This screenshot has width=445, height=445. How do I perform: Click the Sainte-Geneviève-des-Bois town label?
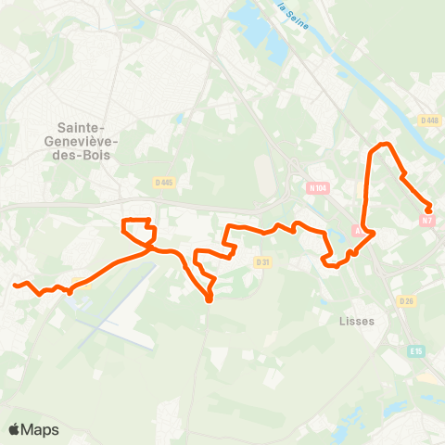83,141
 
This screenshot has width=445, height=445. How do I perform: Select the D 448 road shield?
428,121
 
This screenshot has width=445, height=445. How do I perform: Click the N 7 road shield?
426,221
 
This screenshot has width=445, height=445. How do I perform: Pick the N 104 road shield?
318,188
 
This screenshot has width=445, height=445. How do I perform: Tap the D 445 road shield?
164,183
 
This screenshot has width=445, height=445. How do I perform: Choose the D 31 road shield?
261,262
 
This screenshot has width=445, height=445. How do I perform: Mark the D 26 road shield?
406,300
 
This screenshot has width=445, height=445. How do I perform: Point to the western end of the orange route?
16,286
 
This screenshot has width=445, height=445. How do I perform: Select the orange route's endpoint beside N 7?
428,210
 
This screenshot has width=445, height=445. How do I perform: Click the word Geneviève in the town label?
83,141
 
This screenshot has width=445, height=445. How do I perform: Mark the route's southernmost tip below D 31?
210,299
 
